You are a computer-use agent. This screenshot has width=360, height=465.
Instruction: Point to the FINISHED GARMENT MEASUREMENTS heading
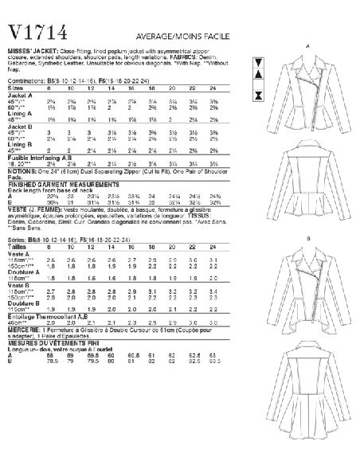pyautogui.click(x=54, y=189)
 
